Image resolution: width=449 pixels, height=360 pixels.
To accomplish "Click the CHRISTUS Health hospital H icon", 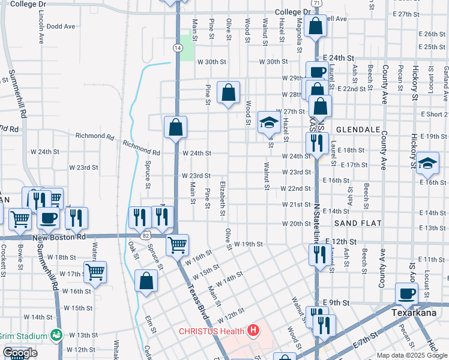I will click(x=254, y=331).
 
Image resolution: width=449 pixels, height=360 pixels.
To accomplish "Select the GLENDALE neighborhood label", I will click(x=359, y=130).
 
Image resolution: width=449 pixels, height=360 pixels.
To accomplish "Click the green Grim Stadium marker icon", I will click(x=56, y=334).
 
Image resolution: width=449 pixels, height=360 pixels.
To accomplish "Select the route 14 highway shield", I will click(x=178, y=47).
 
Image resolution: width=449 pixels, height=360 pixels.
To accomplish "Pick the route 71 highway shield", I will click(x=317, y=4).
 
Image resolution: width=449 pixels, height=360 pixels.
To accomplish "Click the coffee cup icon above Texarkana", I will click(x=406, y=293).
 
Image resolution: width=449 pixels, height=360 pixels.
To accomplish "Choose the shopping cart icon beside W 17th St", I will click(x=95, y=272).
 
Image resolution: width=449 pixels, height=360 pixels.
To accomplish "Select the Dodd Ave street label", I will click(x=61, y=26).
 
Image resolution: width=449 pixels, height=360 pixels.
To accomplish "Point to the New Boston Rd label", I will click(x=56, y=238).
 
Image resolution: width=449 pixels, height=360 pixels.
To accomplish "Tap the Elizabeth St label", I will click(x=223, y=199).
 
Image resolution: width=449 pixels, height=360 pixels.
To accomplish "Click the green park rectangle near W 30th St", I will click(x=188, y=47).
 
